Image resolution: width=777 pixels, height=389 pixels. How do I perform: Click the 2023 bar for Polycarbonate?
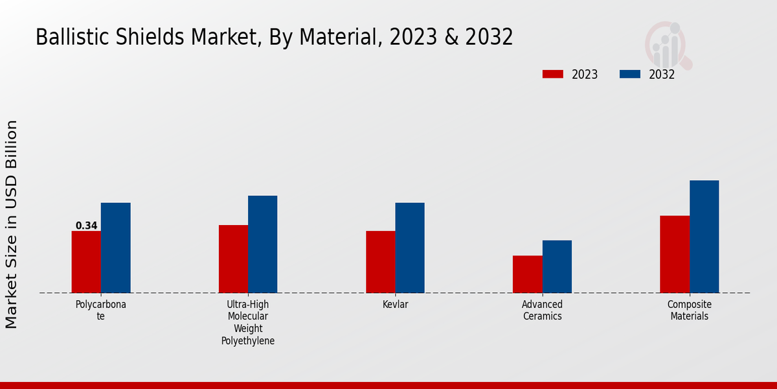pos(86,262)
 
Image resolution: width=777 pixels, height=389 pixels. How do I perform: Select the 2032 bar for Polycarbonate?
pos(115,248)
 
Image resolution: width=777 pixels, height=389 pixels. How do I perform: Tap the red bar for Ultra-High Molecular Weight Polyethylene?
pos(233,259)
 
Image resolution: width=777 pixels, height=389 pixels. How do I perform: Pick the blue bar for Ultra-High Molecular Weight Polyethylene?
pos(262,244)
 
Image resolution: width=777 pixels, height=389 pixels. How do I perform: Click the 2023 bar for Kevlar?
pos(380,262)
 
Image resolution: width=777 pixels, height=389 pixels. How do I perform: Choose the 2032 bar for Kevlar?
pos(410,248)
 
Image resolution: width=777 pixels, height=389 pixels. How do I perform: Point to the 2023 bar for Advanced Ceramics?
pos(527,274)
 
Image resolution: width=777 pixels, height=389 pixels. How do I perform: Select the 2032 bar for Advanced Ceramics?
pos(557,266)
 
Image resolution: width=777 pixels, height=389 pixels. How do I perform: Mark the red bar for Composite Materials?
pos(674,254)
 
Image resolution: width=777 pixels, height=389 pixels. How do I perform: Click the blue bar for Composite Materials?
pos(704,237)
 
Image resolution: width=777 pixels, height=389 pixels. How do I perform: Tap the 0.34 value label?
pos(86,226)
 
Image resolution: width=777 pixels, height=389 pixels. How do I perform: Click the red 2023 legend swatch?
pos(552,75)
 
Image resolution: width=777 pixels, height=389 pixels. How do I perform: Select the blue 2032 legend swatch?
pos(629,75)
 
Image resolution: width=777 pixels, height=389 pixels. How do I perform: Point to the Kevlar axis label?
pos(395,305)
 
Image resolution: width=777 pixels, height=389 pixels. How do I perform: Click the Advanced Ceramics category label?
pos(543,311)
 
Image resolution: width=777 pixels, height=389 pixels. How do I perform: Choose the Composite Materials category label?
pos(690,311)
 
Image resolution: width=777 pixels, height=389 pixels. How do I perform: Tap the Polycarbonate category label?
pos(101,311)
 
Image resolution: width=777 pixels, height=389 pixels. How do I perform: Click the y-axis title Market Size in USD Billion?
pos(12,224)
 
